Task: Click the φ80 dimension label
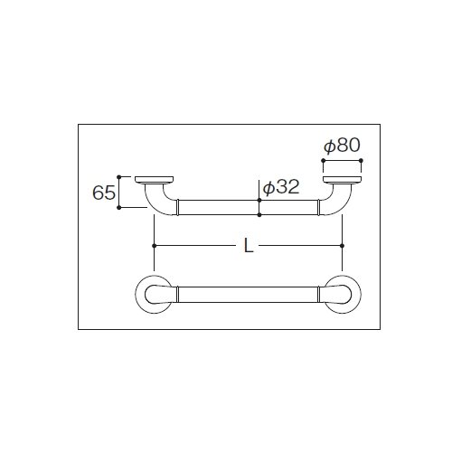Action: click(342, 146)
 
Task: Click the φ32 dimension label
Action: click(281, 187)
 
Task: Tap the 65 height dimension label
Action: click(104, 193)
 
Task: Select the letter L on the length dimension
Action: click(249, 246)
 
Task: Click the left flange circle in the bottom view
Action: click(136, 295)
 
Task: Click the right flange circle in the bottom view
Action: click(361, 295)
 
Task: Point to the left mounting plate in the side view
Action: click(154, 180)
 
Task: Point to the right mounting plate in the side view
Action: click(342, 180)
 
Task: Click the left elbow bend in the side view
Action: click(155, 205)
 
